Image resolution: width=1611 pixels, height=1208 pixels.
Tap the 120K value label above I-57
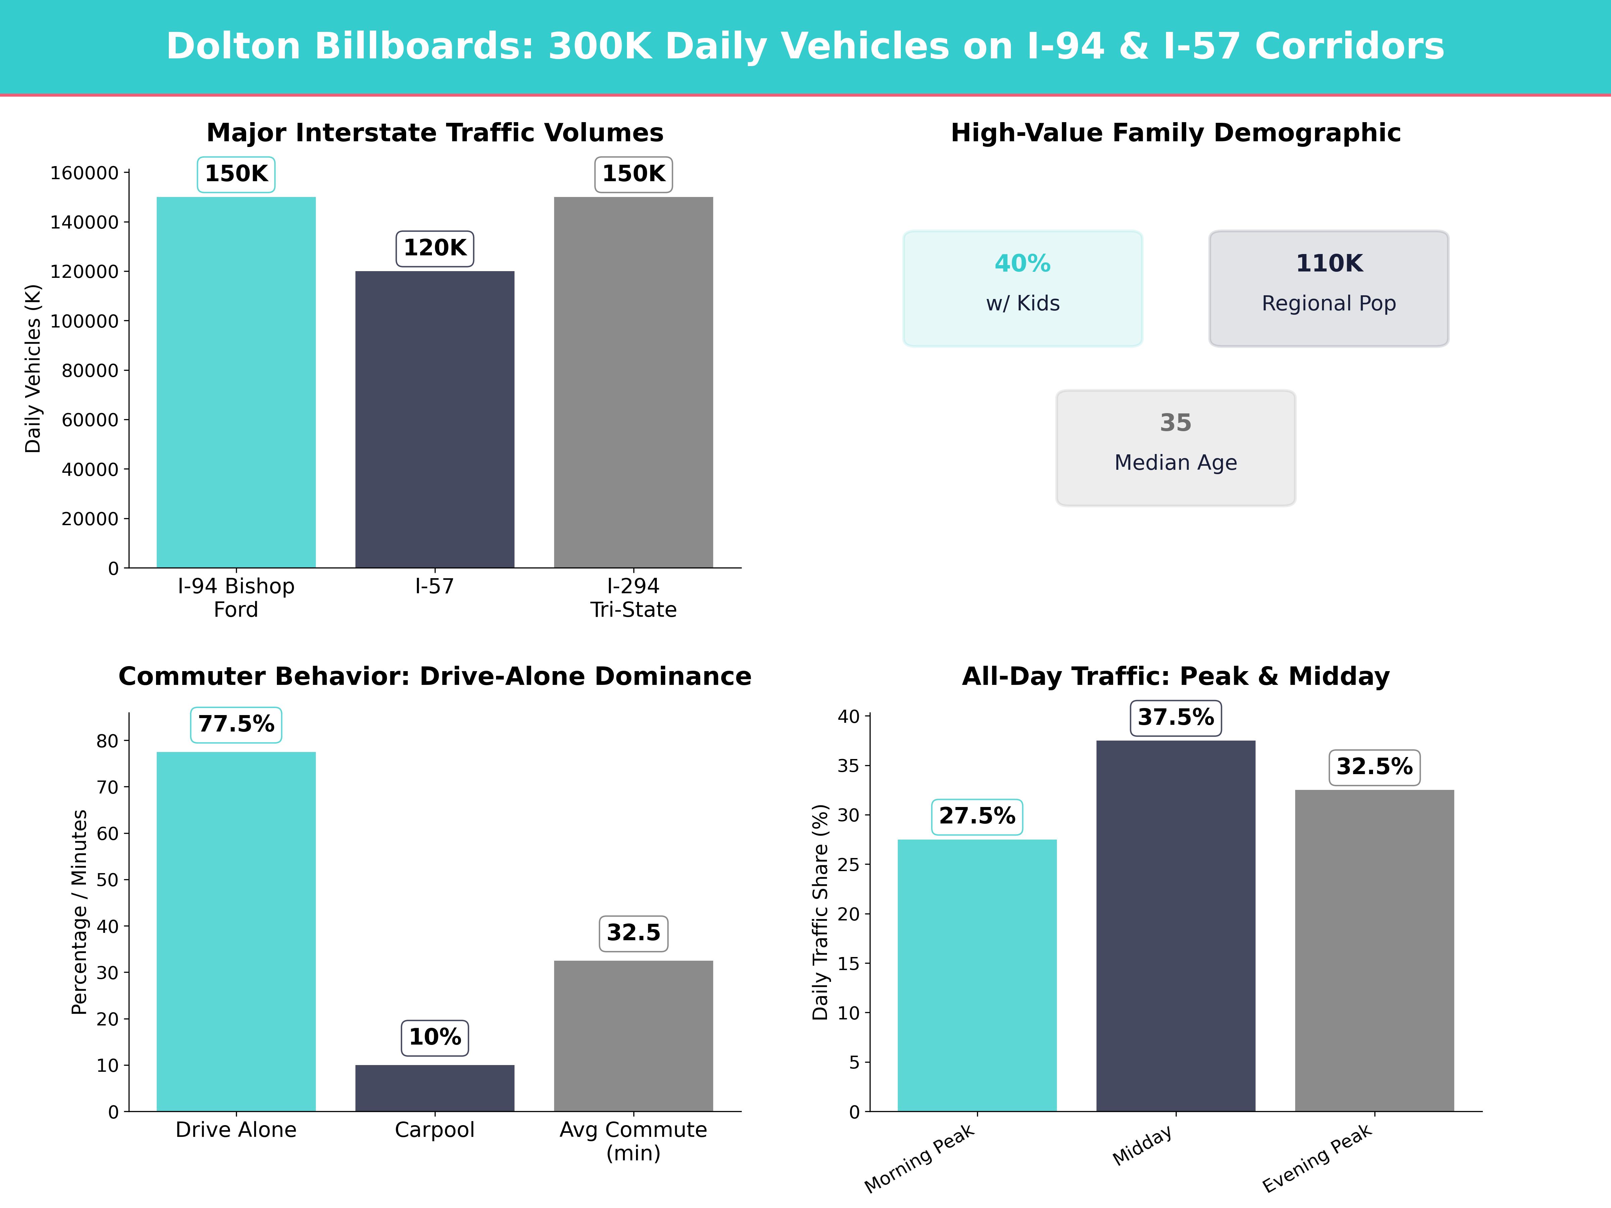click(x=435, y=248)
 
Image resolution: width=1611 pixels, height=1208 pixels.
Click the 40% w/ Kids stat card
click(x=1023, y=288)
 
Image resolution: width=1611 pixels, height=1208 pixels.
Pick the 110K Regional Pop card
click(x=1328, y=288)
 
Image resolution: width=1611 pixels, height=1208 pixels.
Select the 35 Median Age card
click(x=1175, y=448)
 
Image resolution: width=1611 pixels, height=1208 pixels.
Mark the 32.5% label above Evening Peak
click(x=1374, y=767)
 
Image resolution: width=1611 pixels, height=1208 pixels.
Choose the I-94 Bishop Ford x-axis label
click(x=236, y=597)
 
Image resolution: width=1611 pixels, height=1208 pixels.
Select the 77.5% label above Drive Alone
click(x=236, y=724)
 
